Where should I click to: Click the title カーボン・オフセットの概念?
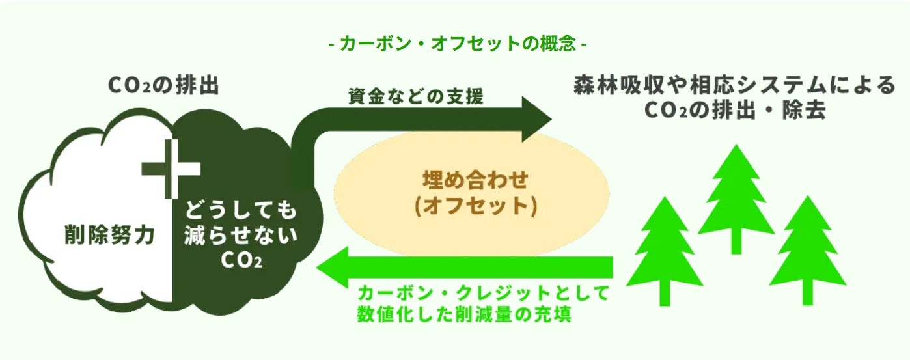(x=459, y=44)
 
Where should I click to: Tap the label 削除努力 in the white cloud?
(x=109, y=236)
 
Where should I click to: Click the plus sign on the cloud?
(x=171, y=168)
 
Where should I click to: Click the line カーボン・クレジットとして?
(x=482, y=293)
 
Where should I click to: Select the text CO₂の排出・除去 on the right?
(x=735, y=111)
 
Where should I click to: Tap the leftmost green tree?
(x=664, y=247)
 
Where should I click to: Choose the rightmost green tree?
(x=807, y=247)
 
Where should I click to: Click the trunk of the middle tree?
(x=736, y=243)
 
